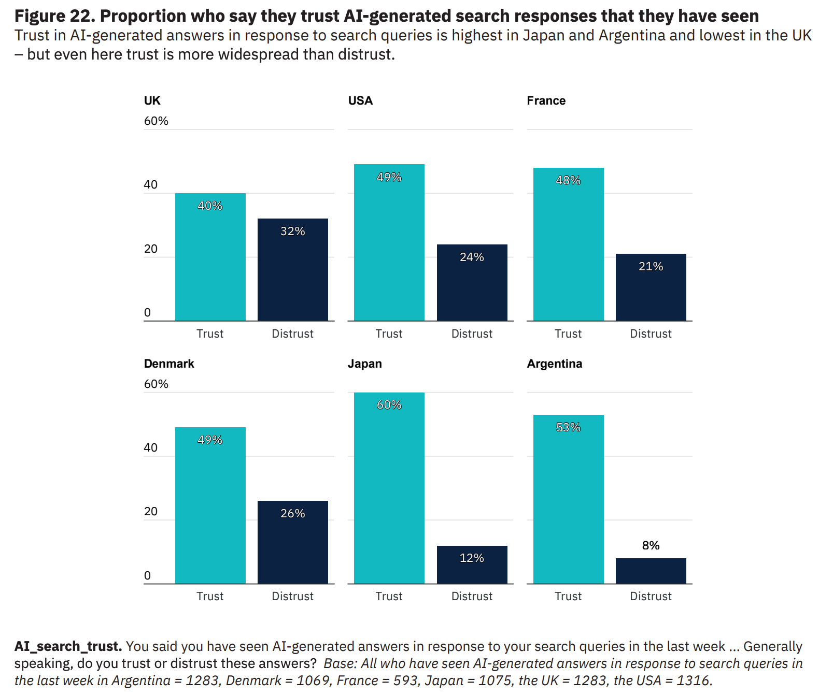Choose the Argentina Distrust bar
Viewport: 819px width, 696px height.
[651, 571]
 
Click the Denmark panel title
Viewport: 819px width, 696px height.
[169, 364]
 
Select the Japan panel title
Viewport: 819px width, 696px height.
[364, 364]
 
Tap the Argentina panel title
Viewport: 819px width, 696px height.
[554, 364]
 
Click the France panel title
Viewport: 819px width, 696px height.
[546, 100]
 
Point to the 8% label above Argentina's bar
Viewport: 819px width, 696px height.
[651, 545]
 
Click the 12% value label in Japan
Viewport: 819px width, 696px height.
[472, 558]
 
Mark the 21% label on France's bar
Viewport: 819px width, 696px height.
[651, 266]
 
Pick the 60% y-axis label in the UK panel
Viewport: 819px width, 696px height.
[156, 121]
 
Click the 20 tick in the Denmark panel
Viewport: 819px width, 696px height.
[150, 512]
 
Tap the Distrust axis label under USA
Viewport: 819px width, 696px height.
[472, 334]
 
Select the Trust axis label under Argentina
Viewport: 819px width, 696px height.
[568, 596]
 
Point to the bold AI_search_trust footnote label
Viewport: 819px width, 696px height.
[68, 646]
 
